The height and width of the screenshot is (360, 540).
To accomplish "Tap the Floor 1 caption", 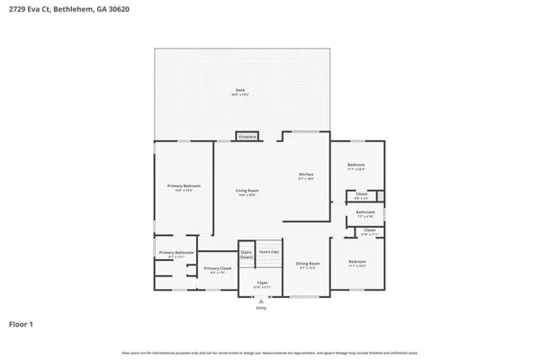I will coord(22,323).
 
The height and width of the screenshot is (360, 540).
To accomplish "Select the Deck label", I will coord(240,91).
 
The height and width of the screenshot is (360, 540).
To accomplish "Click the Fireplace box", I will coord(247,137).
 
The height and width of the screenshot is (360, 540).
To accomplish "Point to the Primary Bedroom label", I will coord(183,187).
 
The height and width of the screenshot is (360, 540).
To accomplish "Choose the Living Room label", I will coord(247,192).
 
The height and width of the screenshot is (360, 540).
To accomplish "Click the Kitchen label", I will coord(306,175).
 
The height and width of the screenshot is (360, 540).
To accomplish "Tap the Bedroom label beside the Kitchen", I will coord(356,166).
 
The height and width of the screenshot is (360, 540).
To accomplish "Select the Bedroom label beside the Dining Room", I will coord(356,262).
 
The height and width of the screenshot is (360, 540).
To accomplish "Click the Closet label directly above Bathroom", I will coord(361,194).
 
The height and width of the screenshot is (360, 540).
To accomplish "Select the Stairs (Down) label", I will coord(247,256).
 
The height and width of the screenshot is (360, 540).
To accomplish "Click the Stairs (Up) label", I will coord(269,253).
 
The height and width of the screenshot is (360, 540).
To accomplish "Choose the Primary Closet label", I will coord(216,269).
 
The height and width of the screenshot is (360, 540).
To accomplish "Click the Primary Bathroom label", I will coord(176,254).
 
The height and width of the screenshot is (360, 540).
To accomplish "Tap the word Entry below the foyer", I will coord(262,308).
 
